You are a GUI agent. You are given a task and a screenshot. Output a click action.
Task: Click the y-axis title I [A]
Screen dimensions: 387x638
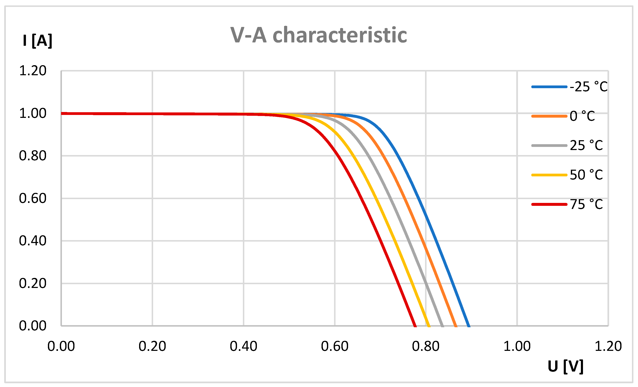[37, 41]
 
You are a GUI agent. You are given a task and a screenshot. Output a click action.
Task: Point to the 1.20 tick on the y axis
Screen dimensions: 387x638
[33, 71]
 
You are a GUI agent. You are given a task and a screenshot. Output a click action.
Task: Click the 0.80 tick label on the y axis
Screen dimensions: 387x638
[33, 156]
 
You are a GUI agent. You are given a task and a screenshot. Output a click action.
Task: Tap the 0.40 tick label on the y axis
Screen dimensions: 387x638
[33, 241]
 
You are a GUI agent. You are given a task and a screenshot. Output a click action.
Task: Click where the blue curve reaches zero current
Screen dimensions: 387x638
[469, 326]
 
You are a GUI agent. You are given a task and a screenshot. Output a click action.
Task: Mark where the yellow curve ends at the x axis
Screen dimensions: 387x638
[429, 326]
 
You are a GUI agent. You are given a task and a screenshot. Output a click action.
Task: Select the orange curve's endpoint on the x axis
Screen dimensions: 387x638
[456, 326]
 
